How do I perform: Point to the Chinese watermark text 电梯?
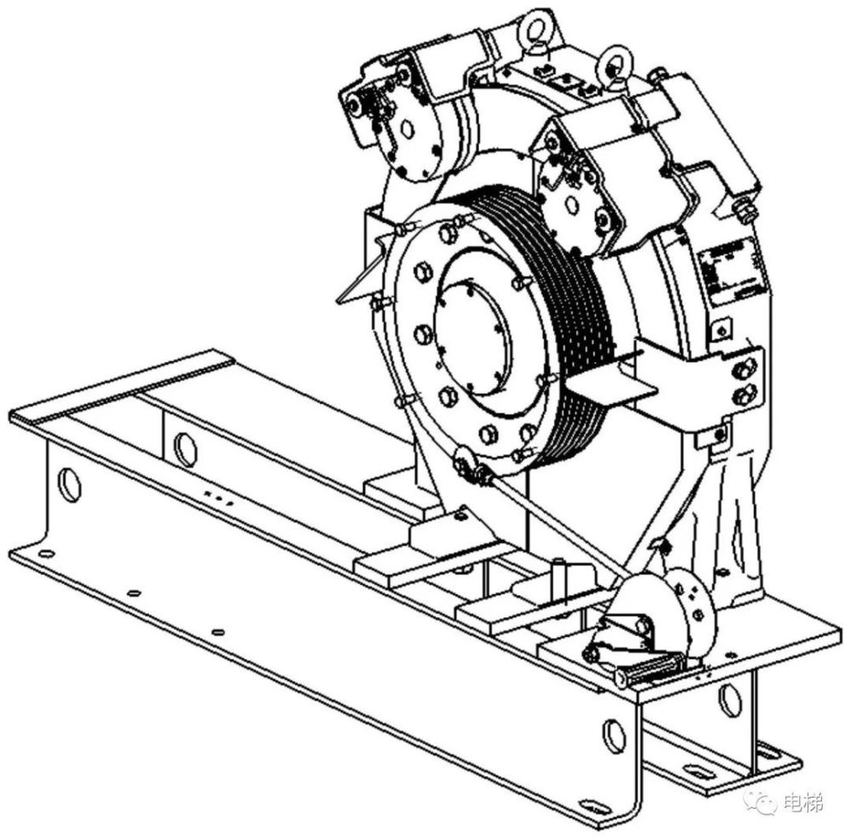[x=804, y=802]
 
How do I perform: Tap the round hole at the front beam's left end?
[x=70, y=485]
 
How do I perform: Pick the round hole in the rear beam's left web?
[x=185, y=450]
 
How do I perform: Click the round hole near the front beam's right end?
[x=614, y=736]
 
